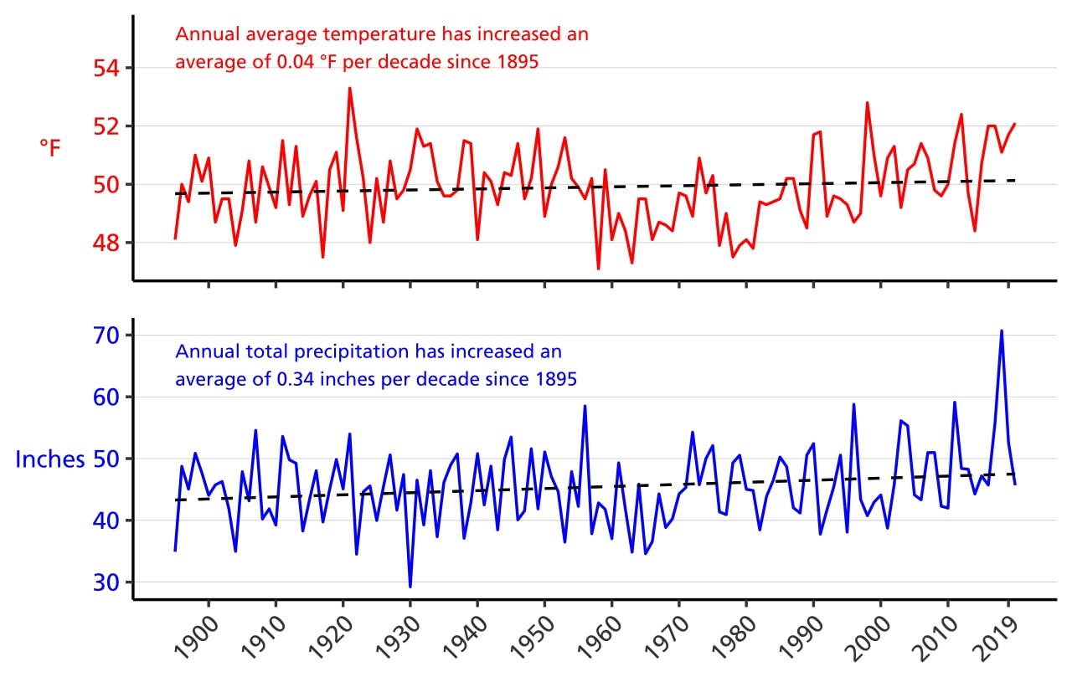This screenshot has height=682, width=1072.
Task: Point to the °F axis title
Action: pyautogui.click(x=50, y=148)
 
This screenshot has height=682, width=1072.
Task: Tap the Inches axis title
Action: pyautogui.click(x=50, y=459)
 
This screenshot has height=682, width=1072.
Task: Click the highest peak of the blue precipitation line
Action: pyautogui.click(x=1001, y=331)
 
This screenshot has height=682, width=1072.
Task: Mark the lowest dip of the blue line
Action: pyautogui.click(x=410, y=587)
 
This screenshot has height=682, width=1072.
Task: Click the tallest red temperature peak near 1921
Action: pyautogui.click(x=349, y=88)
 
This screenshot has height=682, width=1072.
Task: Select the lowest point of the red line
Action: pyautogui.click(x=598, y=269)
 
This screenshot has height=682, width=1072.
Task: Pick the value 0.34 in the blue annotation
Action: pyautogui.click(x=294, y=379)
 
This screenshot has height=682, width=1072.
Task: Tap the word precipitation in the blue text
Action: pyautogui.click(x=353, y=351)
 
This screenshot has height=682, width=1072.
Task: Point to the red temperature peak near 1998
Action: pyautogui.click(x=867, y=103)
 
